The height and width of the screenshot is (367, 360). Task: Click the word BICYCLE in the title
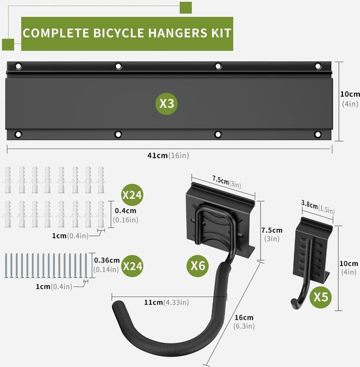click(118, 33)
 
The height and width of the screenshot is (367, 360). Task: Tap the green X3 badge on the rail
click(166, 103)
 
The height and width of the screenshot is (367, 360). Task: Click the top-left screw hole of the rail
click(18, 67)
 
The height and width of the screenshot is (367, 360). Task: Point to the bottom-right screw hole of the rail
click(318, 135)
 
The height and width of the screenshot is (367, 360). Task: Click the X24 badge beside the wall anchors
click(132, 195)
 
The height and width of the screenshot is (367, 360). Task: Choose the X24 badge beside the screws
click(132, 266)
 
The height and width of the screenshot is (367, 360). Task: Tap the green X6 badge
click(198, 266)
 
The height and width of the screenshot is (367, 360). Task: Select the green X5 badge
click(321, 297)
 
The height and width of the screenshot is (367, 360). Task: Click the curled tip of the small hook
click(293, 304)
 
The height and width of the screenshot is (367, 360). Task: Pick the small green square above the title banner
click(186, 8)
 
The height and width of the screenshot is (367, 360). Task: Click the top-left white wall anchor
click(8, 180)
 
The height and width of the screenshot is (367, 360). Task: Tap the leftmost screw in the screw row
click(6, 266)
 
